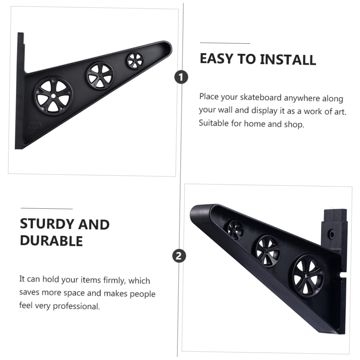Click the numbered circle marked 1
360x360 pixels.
[x=181, y=77]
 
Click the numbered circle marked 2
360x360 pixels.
[x=179, y=255]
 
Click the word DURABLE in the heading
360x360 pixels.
[x=51, y=241]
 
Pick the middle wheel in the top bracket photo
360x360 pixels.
[x=100, y=75]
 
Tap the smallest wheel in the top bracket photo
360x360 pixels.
[x=135, y=60]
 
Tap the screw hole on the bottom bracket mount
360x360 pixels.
[x=332, y=235]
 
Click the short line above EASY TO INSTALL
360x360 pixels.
[x=225, y=43]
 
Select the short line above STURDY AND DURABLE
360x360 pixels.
[x=47, y=208]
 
